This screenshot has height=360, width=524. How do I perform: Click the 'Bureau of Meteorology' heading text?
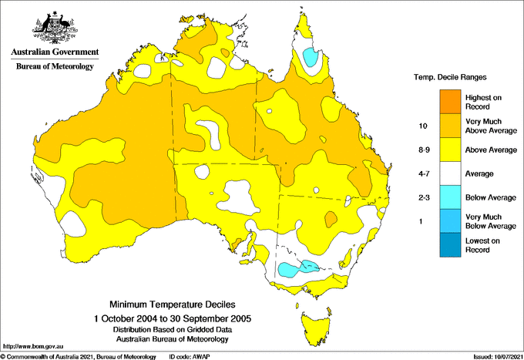point(55,67)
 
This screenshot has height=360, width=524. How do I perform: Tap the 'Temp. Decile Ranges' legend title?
point(451,78)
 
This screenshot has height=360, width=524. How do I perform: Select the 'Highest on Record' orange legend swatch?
point(449,101)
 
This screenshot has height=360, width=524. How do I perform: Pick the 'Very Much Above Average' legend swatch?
point(449,125)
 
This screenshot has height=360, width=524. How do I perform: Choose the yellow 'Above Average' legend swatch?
point(449,150)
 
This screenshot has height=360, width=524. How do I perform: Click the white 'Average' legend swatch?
point(449,173)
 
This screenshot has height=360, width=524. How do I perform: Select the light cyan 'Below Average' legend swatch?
point(449,197)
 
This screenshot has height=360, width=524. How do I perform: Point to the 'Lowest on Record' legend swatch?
point(449,245)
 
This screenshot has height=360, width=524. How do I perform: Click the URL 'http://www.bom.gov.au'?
point(32,345)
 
